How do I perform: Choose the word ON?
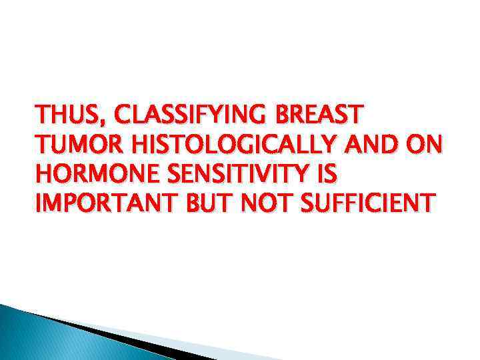click(x=425, y=145)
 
